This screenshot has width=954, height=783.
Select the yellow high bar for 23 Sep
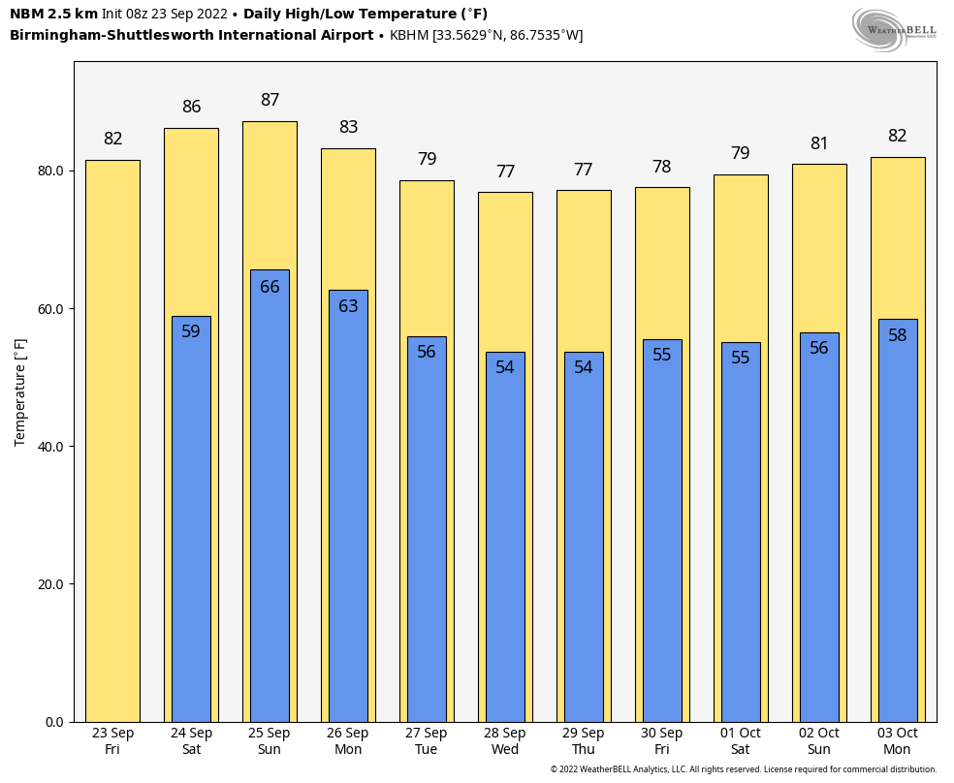point(112,441)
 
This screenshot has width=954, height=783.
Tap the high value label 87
point(270,100)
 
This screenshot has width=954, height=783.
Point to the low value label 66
point(270,287)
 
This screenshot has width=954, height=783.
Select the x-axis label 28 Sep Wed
point(505,741)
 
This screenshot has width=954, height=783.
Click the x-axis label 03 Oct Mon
point(897,741)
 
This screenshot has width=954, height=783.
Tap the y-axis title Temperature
point(20,391)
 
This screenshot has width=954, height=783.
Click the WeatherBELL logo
point(894,28)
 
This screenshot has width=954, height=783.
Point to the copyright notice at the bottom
point(744,769)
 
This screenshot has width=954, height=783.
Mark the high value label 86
point(191,107)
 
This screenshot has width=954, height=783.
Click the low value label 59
point(191,331)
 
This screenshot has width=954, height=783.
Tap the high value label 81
point(819,143)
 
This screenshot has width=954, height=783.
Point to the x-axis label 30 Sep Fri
point(662,741)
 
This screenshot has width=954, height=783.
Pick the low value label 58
point(898,335)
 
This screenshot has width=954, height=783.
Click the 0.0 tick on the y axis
point(53,722)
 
